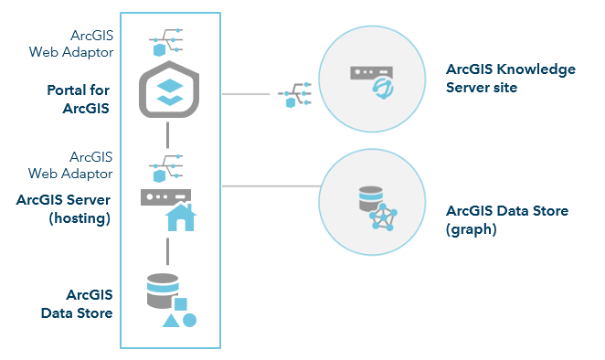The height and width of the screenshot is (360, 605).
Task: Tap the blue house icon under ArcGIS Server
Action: point(180,217)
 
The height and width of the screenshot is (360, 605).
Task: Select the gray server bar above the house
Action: point(165,196)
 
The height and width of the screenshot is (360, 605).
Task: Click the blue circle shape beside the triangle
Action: point(189,320)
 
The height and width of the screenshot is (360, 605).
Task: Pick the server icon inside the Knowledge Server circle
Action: point(369,77)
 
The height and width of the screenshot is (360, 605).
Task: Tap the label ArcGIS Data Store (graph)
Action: point(506,220)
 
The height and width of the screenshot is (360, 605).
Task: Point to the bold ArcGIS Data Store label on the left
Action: point(77,303)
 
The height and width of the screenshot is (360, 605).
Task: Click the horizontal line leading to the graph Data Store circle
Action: point(270,186)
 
